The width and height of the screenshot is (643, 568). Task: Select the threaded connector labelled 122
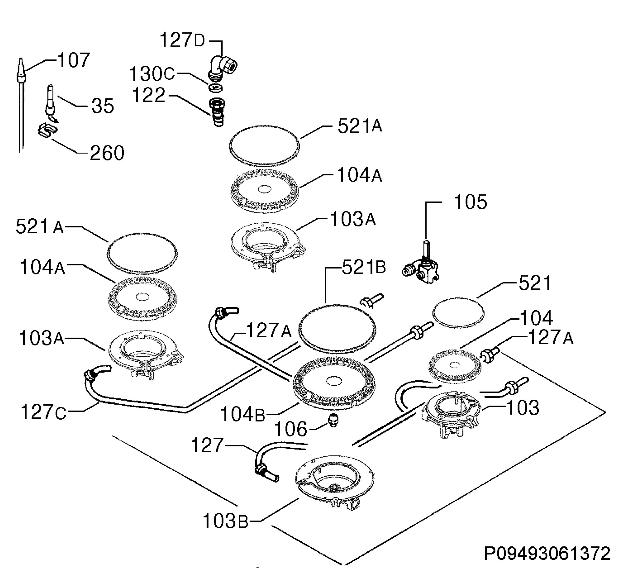pos(217,112)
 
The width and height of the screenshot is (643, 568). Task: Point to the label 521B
pos(364,268)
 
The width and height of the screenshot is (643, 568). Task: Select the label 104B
pos(242,414)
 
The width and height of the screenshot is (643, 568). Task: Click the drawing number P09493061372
pos(547,554)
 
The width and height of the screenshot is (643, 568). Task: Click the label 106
pos(291,429)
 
